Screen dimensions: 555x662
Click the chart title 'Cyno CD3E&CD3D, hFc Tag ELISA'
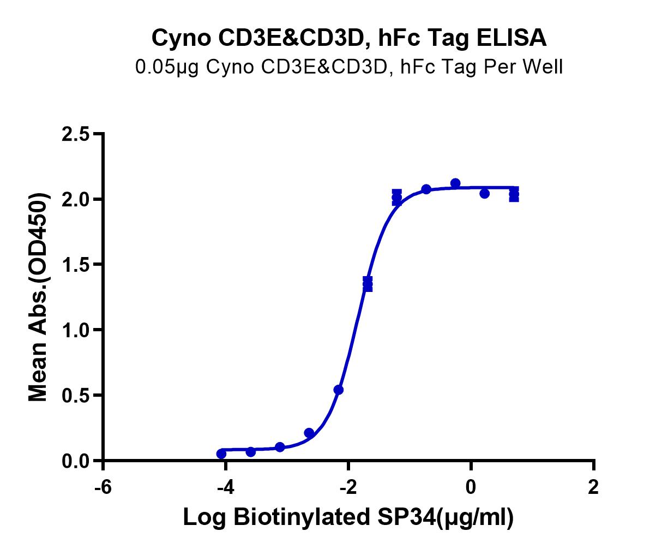click(x=348, y=38)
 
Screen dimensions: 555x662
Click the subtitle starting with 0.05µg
click(x=348, y=67)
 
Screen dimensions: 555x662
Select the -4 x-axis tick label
click(x=225, y=487)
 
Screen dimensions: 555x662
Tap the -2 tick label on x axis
click(x=348, y=487)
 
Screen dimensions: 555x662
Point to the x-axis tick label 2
click(x=593, y=487)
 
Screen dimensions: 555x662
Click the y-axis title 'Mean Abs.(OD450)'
click(x=39, y=297)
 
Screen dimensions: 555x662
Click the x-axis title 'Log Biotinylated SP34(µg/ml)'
click(x=348, y=517)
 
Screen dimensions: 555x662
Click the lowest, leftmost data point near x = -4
click(x=221, y=453)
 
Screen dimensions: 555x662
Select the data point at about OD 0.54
click(x=338, y=390)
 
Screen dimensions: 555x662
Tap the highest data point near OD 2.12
click(x=455, y=183)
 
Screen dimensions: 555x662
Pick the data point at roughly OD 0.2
click(x=309, y=433)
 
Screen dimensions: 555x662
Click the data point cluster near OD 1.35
click(x=368, y=284)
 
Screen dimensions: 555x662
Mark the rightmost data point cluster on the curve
click(x=514, y=194)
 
